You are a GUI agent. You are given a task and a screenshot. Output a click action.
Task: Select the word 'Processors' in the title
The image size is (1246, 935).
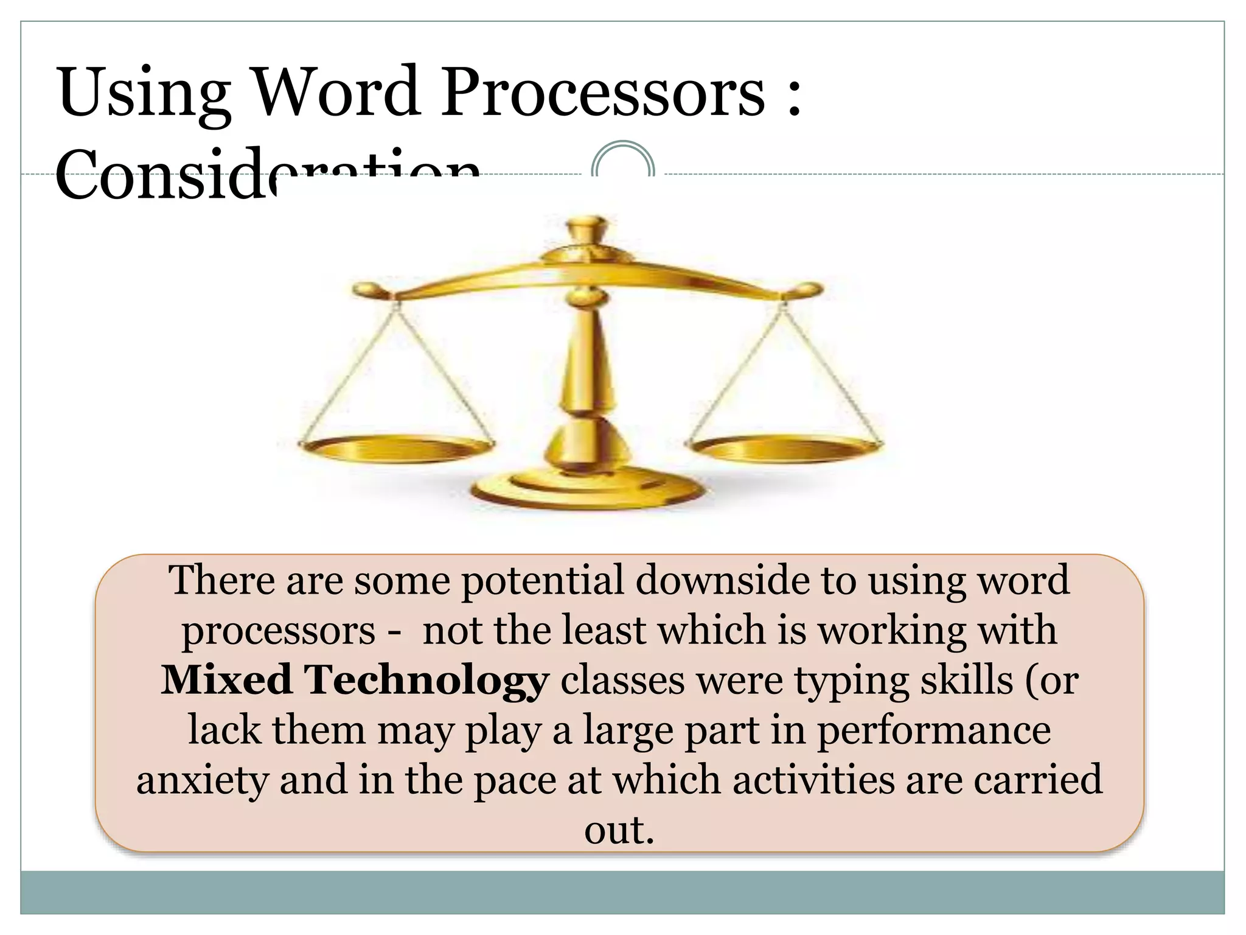click(x=602, y=93)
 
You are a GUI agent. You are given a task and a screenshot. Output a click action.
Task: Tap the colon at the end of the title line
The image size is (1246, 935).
click(x=792, y=97)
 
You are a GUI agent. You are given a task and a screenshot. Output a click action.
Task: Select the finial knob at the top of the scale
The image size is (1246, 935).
click(x=587, y=231)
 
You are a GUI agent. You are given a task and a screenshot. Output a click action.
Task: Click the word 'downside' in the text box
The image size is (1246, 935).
click(x=722, y=580)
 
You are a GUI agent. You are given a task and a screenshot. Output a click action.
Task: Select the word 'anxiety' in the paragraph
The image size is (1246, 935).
click(x=201, y=781)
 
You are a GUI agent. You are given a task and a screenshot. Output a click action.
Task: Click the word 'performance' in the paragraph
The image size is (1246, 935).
click(x=933, y=731)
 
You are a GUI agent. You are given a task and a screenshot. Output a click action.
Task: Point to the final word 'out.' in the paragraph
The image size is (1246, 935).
click(x=619, y=830)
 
